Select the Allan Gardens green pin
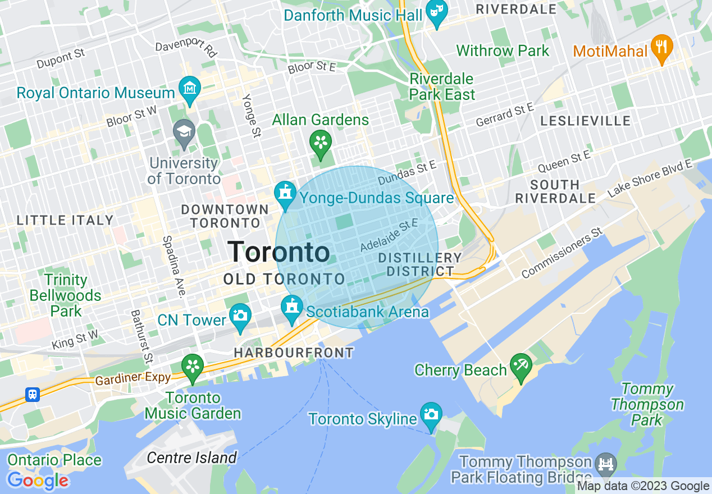[321, 142]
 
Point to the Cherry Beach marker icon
[521, 367]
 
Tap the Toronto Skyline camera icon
[431, 415]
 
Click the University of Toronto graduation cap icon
[184, 133]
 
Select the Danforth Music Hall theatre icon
[436, 13]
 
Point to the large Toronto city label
[279, 252]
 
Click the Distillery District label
[419, 264]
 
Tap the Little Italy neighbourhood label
[65, 220]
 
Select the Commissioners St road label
[562, 253]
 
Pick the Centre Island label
[191, 458]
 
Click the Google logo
[38, 481]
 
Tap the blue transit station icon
[33, 395]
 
